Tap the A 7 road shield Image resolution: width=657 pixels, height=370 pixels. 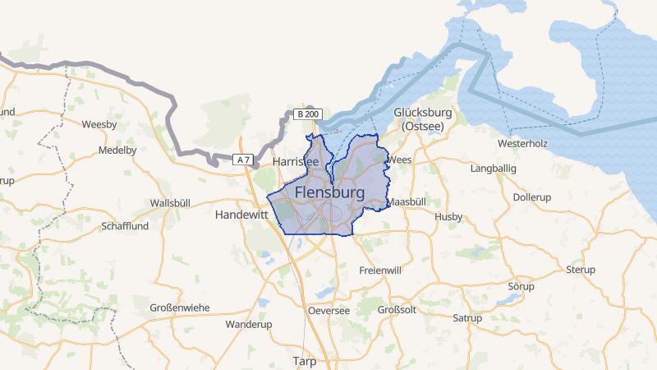(242, 160)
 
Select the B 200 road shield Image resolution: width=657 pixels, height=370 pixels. (308, 114)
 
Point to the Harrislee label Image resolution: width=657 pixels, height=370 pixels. (296, 162)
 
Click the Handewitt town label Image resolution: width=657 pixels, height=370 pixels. (241, 214)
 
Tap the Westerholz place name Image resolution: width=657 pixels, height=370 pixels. (522, 143)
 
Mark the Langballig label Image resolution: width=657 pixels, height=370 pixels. (494, 169)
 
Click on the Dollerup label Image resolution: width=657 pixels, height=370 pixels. (530, 197)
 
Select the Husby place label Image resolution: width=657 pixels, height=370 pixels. (448, 217)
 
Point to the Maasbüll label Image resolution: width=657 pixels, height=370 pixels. (406, 201)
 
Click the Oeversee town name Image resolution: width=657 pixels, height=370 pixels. (328, 310)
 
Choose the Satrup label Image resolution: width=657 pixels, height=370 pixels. (467, 317)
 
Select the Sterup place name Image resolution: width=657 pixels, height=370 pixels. (581, 270)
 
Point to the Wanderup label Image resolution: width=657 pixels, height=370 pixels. (248, 325)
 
